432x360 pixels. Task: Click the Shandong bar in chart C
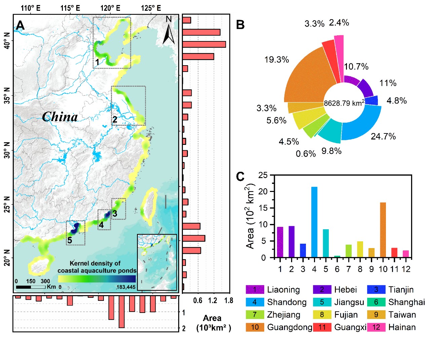click(314, 222)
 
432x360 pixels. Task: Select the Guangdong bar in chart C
click(383, 230)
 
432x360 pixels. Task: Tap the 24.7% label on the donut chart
click(383, 136)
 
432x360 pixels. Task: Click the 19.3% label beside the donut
click(277, 60)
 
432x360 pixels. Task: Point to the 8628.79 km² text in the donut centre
click(344, 103)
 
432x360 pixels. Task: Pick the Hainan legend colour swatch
click(376, 327)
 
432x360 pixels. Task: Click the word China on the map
click(60, 117)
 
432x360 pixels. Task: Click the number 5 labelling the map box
click(70, 240)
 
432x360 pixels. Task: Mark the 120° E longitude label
click(110, 8)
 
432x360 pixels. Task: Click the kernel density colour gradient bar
click(97, 279)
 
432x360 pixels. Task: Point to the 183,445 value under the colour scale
click(126, 287)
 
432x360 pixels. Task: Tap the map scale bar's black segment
click(24, 287)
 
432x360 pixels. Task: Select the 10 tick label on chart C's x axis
click(383, 269)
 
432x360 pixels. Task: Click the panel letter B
click(240, 25)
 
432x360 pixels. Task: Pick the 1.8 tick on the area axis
click(229, 301)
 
